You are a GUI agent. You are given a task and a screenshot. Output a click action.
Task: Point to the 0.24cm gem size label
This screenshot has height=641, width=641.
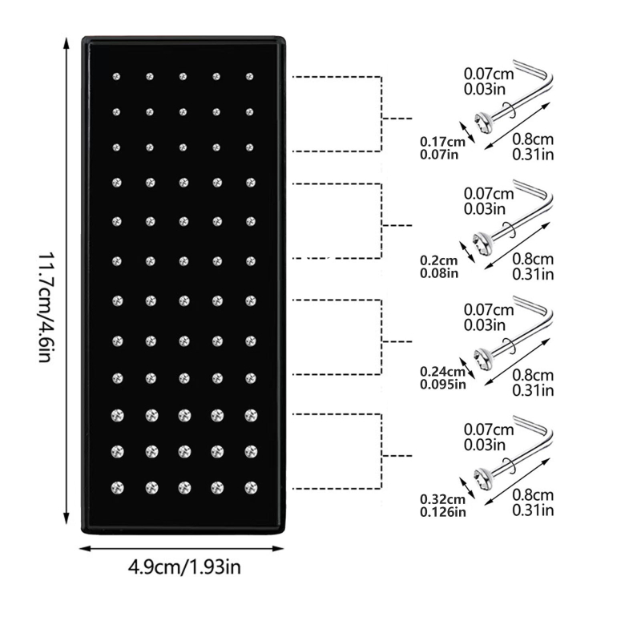pyautogui.click(x=440, y=372)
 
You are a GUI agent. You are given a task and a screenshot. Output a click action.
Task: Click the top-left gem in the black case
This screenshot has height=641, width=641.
pyautogui.click(x=117, y=77)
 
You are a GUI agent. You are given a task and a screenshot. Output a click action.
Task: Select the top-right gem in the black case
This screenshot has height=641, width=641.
pyautogui.click(x=250, y=77)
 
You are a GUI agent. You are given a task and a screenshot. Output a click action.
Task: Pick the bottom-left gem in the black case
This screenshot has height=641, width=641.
pyautogui.click(x=117, y=486)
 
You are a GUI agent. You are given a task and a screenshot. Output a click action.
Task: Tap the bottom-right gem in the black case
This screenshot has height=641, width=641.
pyautogui.click(x=250, y=486)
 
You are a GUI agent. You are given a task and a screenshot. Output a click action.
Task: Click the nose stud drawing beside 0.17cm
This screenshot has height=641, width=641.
pyautogui.click(x=513, y=99)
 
